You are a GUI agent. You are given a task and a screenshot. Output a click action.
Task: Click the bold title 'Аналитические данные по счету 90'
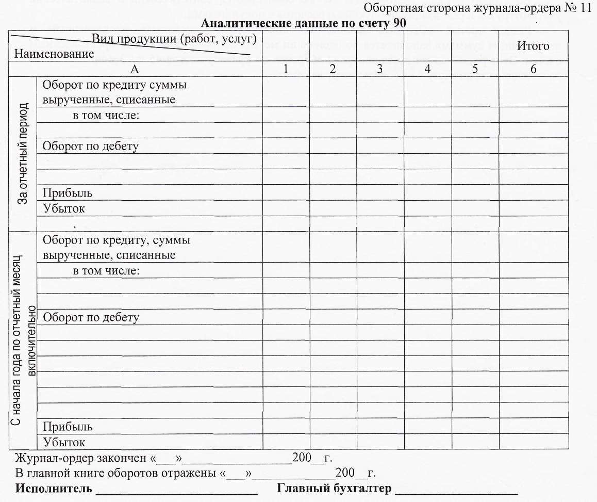(303, 23)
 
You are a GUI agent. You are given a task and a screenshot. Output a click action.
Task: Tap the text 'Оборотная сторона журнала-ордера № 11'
(478, 8)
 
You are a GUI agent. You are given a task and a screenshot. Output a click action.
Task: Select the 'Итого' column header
(533, 46)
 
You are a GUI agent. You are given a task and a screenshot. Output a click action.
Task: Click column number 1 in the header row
(286, 69)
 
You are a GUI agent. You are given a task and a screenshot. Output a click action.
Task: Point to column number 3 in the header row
(379, 69)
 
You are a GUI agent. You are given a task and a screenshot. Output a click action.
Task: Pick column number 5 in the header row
(474, 69)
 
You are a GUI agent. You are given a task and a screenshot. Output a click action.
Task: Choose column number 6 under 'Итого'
(533, 69)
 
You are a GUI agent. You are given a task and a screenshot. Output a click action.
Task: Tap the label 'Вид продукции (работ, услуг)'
(174, 39)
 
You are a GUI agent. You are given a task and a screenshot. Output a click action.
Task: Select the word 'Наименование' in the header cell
(54, 54)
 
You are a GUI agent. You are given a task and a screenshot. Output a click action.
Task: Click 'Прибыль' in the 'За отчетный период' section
(68, 193)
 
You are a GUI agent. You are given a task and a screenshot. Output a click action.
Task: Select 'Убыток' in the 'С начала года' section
(64, 442)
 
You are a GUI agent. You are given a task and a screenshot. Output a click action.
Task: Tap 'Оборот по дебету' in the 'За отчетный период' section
(91, 146)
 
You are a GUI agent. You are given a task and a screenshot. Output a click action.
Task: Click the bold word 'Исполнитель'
(54, 488)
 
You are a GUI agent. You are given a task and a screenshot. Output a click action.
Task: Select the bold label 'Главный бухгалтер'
(334, 488)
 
